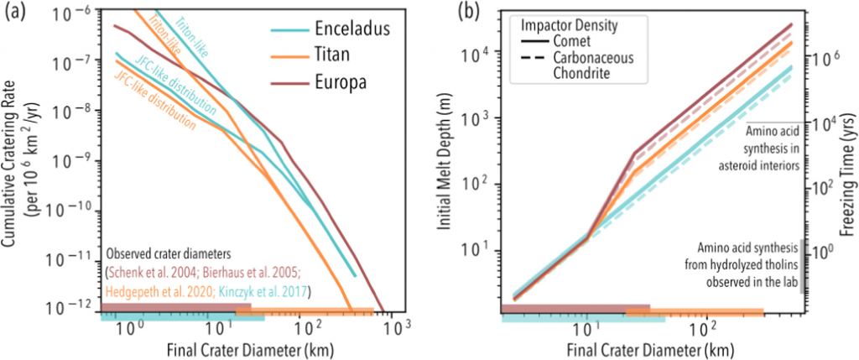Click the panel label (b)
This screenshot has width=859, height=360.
coord(442,13)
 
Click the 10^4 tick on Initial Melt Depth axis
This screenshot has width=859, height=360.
coord(475,55)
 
